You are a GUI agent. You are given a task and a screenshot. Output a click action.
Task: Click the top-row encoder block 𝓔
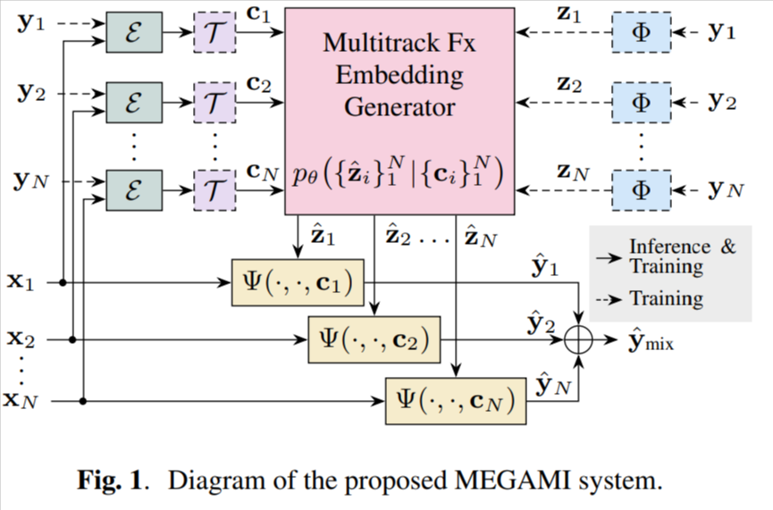coord(133,32)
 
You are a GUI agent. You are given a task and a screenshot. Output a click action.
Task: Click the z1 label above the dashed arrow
coord(568,16)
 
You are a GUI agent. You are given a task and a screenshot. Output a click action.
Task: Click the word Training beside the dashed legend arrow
coord(666,299)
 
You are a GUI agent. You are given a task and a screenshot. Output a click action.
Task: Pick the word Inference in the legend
coord(669,247)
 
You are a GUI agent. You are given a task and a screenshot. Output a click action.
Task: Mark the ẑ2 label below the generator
coord(397,238)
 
